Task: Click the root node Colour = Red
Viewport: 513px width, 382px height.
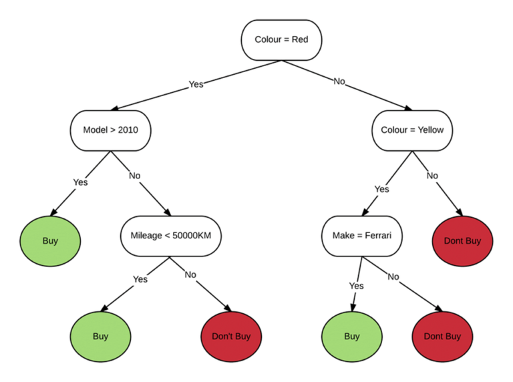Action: [x=281, y=40]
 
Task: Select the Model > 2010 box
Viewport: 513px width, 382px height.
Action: [x=110, y=130]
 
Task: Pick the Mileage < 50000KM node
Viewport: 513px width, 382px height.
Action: [x=171, y=236]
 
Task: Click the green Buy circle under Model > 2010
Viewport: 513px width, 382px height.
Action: [x=50, y=241]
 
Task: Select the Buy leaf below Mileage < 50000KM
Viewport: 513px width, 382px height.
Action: [x=100, y=336]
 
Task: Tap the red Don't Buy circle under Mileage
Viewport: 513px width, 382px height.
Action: [x=231, y=336]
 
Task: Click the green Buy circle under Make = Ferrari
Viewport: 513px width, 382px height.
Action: [x=352, y=336]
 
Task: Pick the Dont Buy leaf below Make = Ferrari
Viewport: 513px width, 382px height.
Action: [x=442, y=336]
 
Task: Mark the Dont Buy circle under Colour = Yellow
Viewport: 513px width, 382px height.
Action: [x=462, y=241]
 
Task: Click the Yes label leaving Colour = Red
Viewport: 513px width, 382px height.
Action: [x=196, y=84]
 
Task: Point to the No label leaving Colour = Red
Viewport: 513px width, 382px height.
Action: [x=339, y=81]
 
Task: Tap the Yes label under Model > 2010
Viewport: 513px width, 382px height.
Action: [x=80, y=182]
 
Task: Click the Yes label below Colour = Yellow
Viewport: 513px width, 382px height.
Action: [x=381, y=189]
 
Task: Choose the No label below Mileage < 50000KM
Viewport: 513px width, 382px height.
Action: [x=190, y=274]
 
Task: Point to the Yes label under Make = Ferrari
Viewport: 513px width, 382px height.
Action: [x=356, y=286]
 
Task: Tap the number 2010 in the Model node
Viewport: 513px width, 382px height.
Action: [x=127, y=130]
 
